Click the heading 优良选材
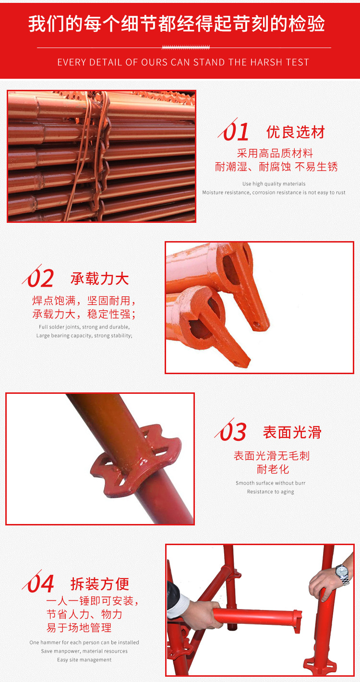coord(296,132)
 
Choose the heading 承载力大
coord(100,279)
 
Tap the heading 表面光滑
coord(292,432)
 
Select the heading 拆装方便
coord(100,584)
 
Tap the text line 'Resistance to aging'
coord(271,492)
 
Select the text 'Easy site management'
coord(84,660)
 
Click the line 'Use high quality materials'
coord(274,184)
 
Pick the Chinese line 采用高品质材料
coord(275,153)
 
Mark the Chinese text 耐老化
coord(273,469)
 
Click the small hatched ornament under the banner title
coord(186,47)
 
